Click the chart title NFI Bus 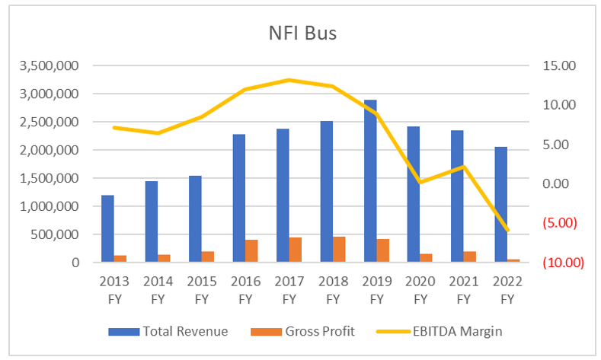coord(302,34)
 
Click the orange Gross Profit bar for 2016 coord(251,251)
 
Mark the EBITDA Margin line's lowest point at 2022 coord(507,231)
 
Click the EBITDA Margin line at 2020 coord(420,182)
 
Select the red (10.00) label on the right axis coord(562,263)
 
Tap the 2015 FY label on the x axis coord(201,289)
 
